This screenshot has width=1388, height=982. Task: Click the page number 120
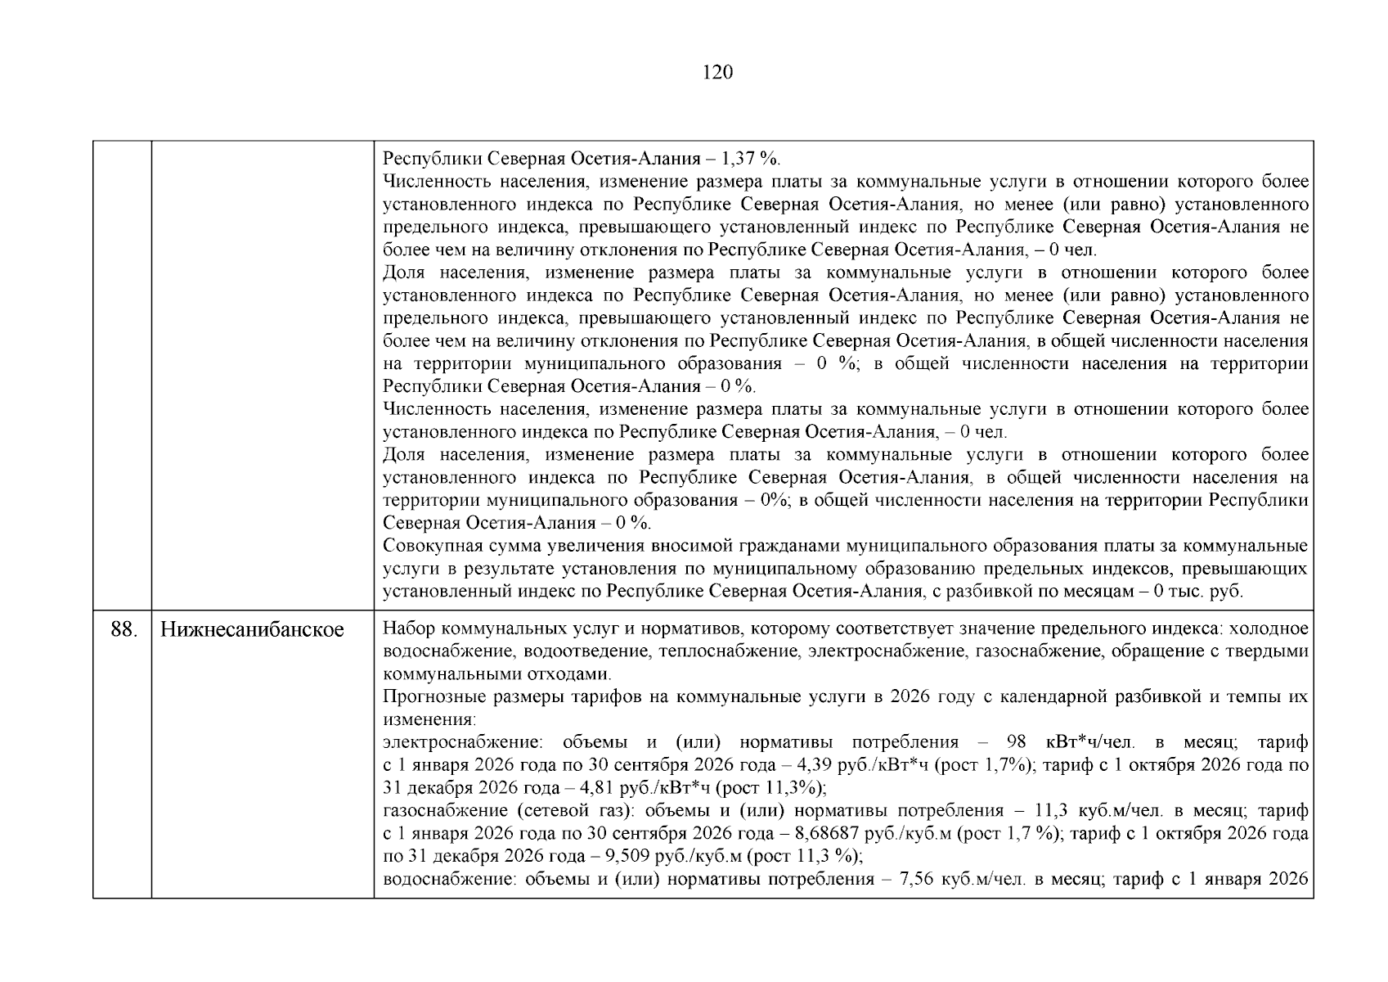(717, 73)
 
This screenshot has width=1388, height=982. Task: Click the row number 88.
(123, 629)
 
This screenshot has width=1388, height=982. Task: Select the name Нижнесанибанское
(252, 629)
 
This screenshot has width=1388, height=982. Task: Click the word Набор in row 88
(407, 629)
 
